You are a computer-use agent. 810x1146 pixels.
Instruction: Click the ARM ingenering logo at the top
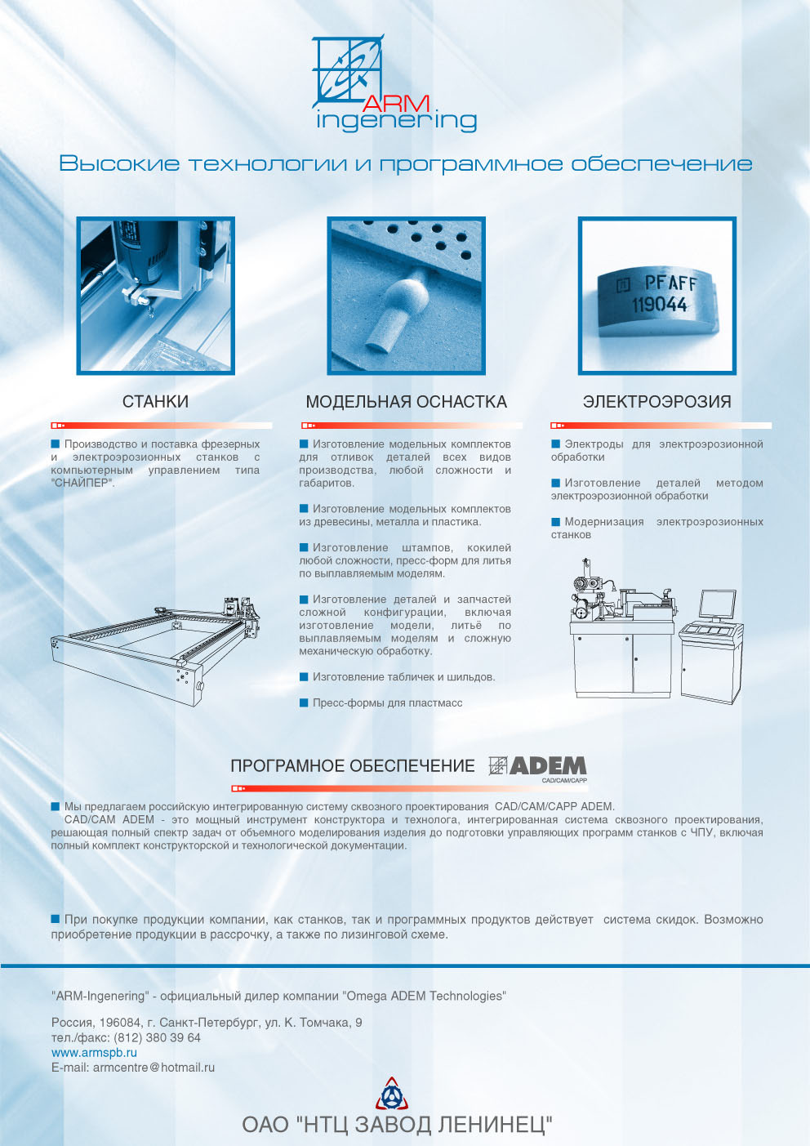pyautogui.click(x=394, y=83)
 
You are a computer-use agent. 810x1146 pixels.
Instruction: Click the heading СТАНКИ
pyautogui.click(x=155, y=402)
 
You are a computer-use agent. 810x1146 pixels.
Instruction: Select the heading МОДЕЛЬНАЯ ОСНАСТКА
pyautogui.click(x=406, y=402)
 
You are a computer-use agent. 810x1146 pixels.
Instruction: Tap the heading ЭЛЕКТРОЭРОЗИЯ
pyautogui.click(x=656, y=402)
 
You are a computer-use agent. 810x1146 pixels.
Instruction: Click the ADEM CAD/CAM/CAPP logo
pyautogui.click(x=537, y=769)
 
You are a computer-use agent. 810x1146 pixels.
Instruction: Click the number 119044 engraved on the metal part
pyautogui.click(x=660, y=305)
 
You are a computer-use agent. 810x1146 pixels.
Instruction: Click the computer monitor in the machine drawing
pyautogui.click(x=717, y=606)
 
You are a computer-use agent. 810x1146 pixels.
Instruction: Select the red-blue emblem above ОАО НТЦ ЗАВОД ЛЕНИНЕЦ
pyautogui.click(x=392, y=1093)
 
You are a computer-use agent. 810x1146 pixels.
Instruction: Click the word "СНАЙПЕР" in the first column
pyautogui.click(x=82, y=483)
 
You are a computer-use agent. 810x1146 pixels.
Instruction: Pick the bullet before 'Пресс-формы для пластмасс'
pyautogui.click(x=304, y=702)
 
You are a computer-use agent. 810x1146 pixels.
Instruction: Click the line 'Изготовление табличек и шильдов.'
pyautogui.click(x=404, y=677)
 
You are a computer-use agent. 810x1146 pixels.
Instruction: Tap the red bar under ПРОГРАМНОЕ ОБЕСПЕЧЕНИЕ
pyautogui.click(x=410, y=788)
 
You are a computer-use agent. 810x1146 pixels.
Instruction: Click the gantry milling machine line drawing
pyautogui.click(x=155, y=651)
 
